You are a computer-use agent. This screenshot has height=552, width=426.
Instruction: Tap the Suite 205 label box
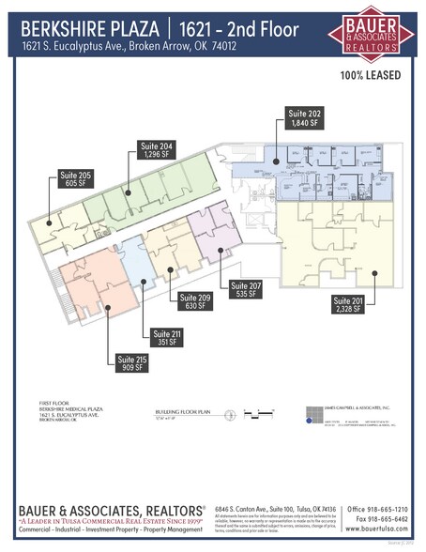click(x=76, y=179)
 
